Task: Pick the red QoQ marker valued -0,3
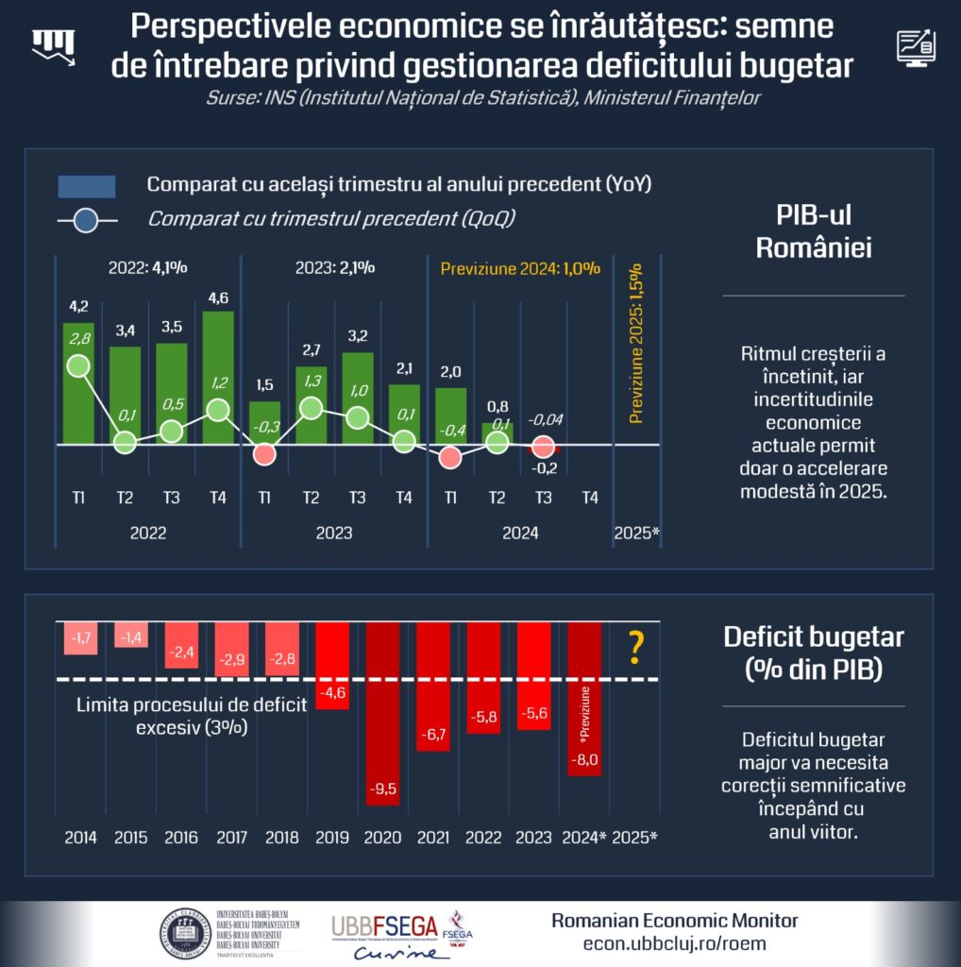pos(264,454)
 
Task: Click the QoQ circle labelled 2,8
pos(78,365)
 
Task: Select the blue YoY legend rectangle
pos(87,186)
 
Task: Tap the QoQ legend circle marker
pos(86,222)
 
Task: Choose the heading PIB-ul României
pos(813,233)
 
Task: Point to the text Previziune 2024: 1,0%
pos(520,268)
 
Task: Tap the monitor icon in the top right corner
pos(915,45)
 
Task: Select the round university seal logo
pos(185,933)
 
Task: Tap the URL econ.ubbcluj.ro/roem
pos(674,943)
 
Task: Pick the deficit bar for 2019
pos(331,665)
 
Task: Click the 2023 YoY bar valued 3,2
pos(357,397)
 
